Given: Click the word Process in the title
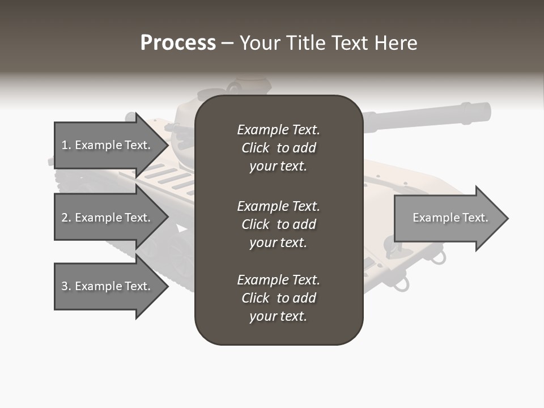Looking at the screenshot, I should pyautogui.click(x=178, y=43).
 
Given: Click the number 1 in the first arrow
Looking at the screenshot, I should pyautogui.click(x=65, y=145).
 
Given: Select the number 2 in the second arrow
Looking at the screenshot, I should pyautogui.click(x=65, y=218).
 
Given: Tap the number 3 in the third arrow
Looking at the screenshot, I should pyautogui.click(x=65, y=286).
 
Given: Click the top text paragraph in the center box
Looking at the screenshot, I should pyautogui.click(x=278, y=148).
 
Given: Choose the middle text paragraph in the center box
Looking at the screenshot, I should pyautogui.click(x=278, y=224).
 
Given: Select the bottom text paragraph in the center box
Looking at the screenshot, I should pyautogui.click(x=278, y=298).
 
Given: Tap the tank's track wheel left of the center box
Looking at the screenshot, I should pyautogui.click(x=181, y=258).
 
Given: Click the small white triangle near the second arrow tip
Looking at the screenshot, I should pyautogui.click(x=181, y=228).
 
